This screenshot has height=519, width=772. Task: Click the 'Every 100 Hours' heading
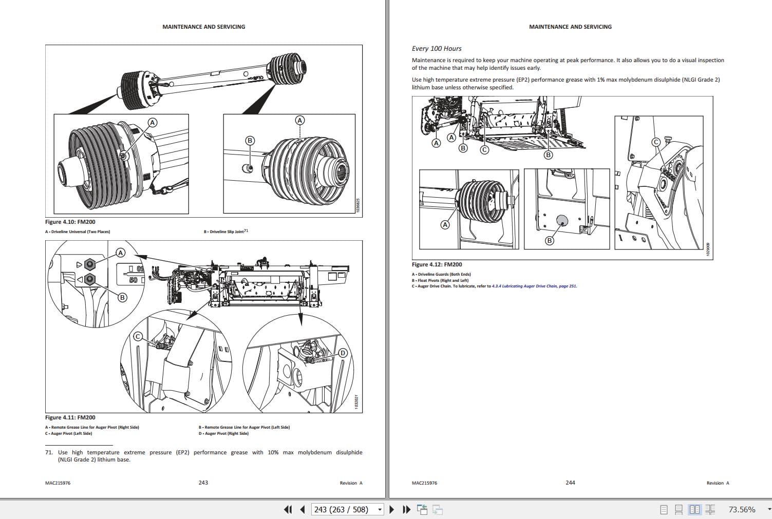437,49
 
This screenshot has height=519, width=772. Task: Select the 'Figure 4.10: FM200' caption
70,222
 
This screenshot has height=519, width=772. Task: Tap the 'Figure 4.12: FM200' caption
437,265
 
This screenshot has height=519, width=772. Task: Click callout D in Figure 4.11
343,353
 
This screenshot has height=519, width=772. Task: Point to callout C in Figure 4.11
138,337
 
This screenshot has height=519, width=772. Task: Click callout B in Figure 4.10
250,141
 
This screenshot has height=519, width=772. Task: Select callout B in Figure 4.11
122,297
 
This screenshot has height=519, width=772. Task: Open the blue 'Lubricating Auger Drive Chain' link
534,286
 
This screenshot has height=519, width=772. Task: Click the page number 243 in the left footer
203,483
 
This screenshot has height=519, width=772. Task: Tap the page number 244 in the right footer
570,483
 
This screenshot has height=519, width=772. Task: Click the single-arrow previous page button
303,510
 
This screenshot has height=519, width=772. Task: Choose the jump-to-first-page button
288,510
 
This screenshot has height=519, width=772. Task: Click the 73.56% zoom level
742,510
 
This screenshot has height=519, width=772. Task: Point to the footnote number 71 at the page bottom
49,453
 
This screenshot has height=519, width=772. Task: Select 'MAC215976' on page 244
424,483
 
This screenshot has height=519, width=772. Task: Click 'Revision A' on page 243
351,483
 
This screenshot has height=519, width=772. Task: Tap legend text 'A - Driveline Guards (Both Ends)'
441,275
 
